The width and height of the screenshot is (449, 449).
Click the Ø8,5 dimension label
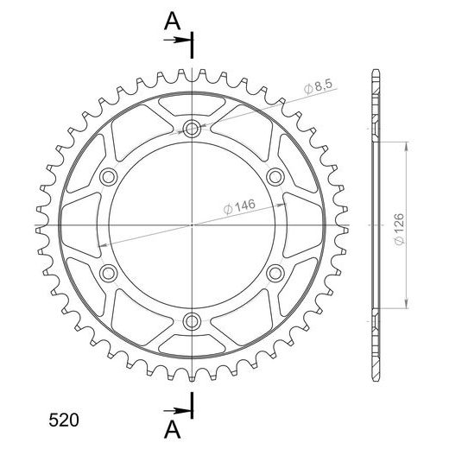[x=318, y=86]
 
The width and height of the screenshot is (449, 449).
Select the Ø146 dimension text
[x=239, y=206]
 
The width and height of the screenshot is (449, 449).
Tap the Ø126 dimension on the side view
[x=400, y=229]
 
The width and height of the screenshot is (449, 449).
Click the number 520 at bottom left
[x=64, y=421]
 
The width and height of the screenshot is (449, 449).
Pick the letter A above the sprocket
[x=172, y=22]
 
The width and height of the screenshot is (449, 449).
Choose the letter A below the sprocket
[x=172, y=429]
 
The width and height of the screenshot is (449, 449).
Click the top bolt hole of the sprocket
[x=192, y=129]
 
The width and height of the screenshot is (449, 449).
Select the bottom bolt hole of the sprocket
[x=192, y=321]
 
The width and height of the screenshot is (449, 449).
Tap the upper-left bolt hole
[x=109, y=177]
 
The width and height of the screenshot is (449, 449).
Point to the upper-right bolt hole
[x=275, y=177]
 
